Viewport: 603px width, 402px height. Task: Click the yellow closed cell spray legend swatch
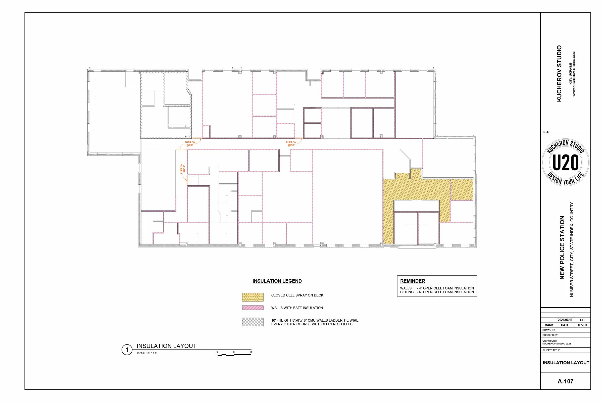click(253, 297)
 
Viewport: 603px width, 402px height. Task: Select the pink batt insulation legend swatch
click(253, 308)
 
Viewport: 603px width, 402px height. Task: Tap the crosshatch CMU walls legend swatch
click(253, 322)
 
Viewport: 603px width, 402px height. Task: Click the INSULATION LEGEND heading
click(277, 281)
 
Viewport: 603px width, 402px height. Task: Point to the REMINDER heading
click(413, 281)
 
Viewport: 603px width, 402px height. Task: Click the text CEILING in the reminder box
click(407, 292)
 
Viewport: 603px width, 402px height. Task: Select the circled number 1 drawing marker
click(127, 350)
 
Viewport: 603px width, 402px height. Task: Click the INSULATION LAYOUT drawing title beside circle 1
click(166, 346)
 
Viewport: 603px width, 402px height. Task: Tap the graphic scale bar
click(234, 355)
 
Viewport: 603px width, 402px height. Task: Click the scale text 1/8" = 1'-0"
click(152, 353)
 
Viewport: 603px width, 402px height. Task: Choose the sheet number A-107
click(565, 381)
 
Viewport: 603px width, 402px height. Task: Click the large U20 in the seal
click(565, 163)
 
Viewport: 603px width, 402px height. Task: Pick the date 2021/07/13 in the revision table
click(565, 320)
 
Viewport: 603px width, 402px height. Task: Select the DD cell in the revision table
click(582, 320)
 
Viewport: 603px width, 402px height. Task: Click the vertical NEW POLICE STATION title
click(562, 247)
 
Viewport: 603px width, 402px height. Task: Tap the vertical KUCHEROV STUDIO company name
click(559, 74)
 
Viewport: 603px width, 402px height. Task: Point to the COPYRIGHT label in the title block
click(549, 341)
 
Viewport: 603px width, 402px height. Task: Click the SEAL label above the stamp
click(546, 132)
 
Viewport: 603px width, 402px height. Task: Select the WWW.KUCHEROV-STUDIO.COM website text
click(574, 74)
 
